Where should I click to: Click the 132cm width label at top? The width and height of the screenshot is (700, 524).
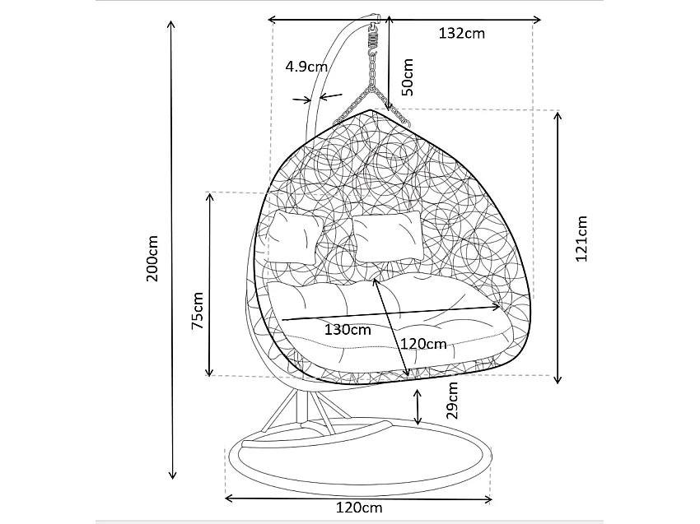pyautogui.click(x=461, y=34)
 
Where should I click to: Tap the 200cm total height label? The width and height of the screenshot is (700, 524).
pyautogui.click(x=152, y=258)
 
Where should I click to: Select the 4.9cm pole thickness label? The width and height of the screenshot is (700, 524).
pyautogui.click(x=306, y=67)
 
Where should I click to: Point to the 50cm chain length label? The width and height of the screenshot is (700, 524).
pyautogui.click(x=409, y=76)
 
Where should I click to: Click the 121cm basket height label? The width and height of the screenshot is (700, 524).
pyautogui.click(x=581, y=239)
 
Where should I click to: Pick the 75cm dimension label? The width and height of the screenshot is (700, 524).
pyautogui.click(x=197, y=311)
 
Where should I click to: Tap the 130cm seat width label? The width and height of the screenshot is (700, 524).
pyautogui.click(x=348, y=330)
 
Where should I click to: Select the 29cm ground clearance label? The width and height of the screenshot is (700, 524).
pyautogui.click(x=451, y=401)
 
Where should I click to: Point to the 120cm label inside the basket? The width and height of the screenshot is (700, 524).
pyautogui.click(x=423, y=343)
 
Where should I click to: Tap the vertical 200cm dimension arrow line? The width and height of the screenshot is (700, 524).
pyautogui.click(x=172, y=247)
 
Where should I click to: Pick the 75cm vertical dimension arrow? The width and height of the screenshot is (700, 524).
pyautogui.click(x=211, y=284)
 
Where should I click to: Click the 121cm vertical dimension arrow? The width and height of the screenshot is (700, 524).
pyautogui.click(x=558, y=247)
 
